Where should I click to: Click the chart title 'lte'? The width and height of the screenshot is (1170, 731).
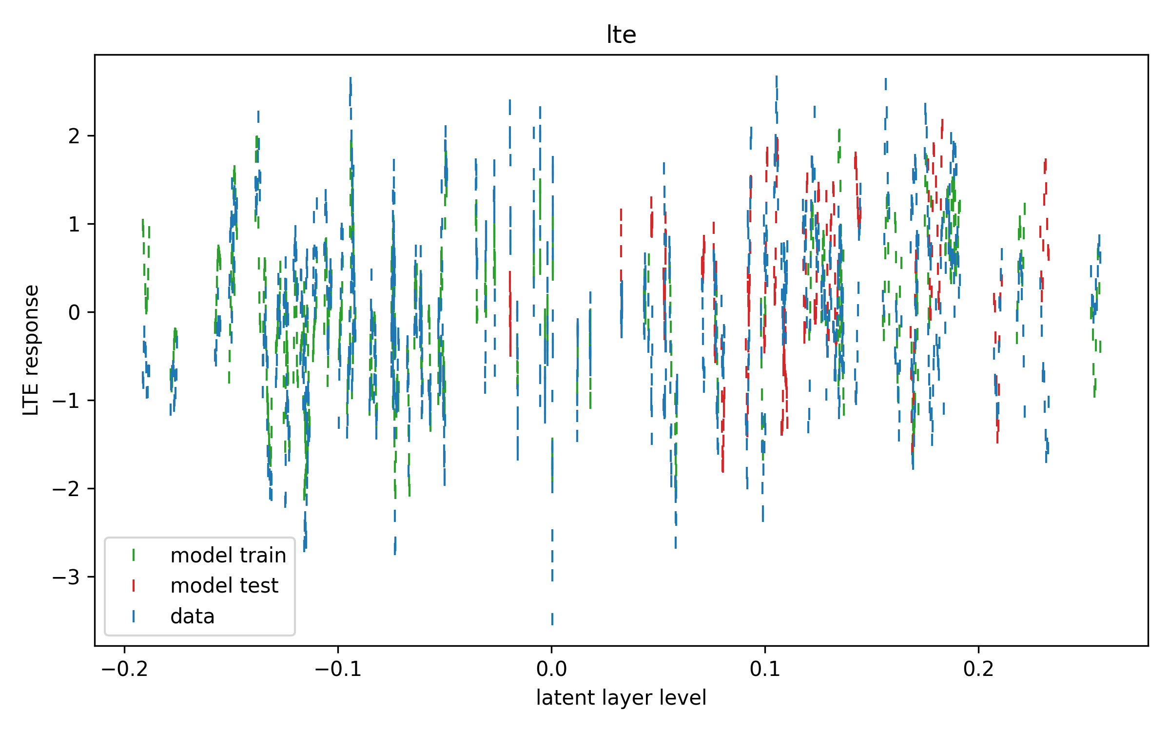point(621,35)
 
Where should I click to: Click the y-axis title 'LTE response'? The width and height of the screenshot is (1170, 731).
point(31,350)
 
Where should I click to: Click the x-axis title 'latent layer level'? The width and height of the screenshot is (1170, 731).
point(621,698)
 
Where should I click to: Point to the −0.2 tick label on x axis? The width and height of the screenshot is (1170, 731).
point(124,669)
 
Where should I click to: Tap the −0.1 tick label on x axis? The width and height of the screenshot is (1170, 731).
point(338,669)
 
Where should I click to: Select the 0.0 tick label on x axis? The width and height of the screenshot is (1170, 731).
point(551,669)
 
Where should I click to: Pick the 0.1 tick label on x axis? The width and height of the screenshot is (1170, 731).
point(765,669)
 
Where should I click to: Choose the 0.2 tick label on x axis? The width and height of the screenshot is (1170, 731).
point(978,669)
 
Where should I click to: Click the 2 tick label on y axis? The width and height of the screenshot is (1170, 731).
point(74,136)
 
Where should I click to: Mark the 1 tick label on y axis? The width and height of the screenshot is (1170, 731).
point(74,224)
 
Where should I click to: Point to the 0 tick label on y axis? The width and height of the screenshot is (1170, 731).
point(74,312)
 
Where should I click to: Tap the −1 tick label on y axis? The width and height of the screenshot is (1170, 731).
point(66,401)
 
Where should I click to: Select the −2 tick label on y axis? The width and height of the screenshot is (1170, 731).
point(66,489)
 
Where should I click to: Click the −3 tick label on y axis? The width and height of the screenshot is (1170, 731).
point(66,577)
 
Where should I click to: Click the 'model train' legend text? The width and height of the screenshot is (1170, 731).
point(228,556)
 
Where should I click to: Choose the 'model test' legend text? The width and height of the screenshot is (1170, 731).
point(224,586)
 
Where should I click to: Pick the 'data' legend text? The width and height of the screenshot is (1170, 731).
point(193,616)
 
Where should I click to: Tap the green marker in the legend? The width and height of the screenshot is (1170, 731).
point(134,555)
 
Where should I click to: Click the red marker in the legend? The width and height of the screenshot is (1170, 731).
point(134,586)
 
